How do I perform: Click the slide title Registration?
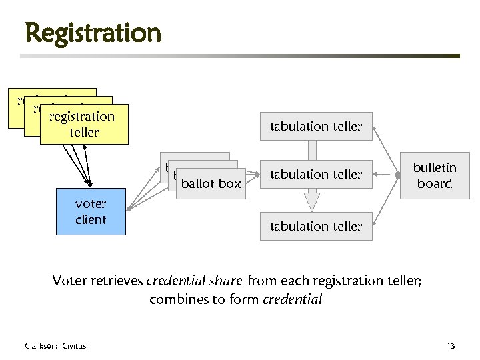point(93,32)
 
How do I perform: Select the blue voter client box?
point(91,211)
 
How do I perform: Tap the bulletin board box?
point(434,176)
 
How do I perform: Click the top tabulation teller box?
point(316,126)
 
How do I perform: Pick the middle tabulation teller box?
point(316,175)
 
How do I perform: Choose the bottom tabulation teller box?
point(316,226)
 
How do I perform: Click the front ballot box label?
point(211,183)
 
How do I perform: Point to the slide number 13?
point(451,345)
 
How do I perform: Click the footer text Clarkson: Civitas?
point(55,345)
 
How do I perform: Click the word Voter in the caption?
point(67,281)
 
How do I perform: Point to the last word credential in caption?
point(292,299)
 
